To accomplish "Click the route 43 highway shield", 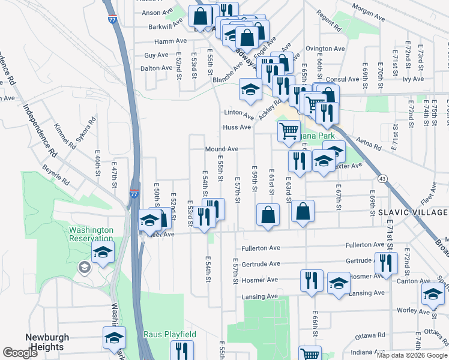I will click(x=382, y=178).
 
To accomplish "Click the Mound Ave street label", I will click(x=221, y=149).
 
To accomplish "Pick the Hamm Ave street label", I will click(x=170, y=41).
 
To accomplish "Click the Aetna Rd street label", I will click(x=368, y=144).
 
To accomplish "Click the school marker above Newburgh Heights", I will click(x=114, y=337).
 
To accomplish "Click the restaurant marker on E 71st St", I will click(x=385, y=262).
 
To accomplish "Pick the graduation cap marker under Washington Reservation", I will click(x=103, y=252).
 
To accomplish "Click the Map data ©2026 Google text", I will click(x=412, y=355).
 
